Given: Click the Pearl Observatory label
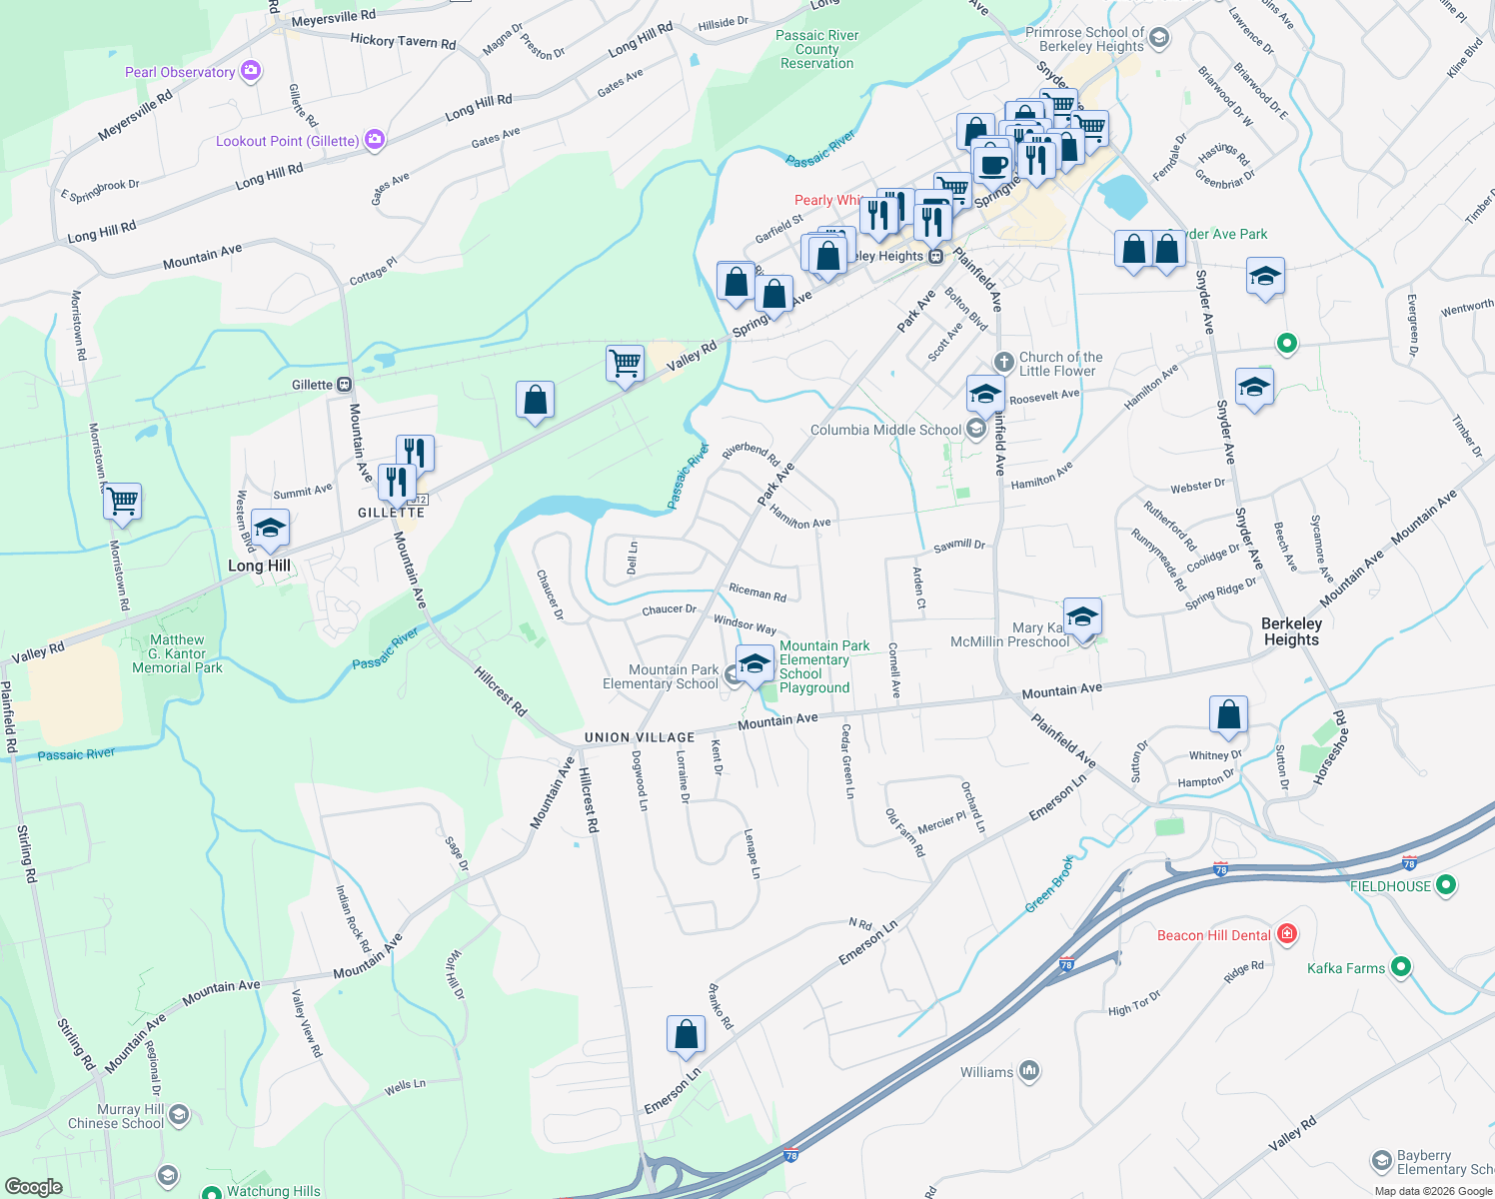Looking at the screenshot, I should (x=180, y=72).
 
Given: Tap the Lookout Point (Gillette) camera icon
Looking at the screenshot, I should (x=375, y=140).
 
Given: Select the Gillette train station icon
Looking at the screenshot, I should (x=344, y=385).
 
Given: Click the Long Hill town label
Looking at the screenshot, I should (x=259, y=566).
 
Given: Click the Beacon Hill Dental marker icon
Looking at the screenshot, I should (x=1287, y=934).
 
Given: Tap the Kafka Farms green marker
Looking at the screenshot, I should (x=1401, y=966).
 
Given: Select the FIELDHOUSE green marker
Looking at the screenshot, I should (x=1445, y=885).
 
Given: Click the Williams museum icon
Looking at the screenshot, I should (x=1029, y=1071).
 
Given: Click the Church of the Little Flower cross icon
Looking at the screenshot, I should (x=1003, y=362).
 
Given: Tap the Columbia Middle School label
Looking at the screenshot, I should (x=885, y=431).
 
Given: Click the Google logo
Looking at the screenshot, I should (x=33, y=1187).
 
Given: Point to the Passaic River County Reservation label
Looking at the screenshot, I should (x=816, y=49).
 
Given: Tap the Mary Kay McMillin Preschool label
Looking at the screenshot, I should (x=1009, y=635).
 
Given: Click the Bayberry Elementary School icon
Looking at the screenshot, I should (x=1382, y=1161).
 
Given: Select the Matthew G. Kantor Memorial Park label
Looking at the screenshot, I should (x=177, y=653).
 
